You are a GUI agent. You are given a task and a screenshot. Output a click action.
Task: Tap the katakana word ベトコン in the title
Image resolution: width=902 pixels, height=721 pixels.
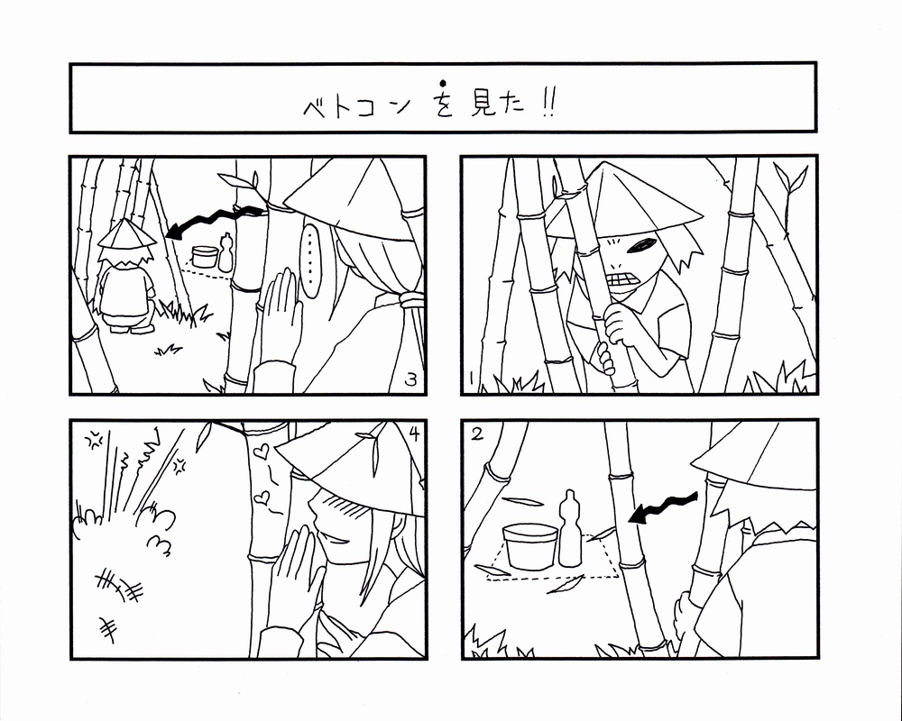(356, 106)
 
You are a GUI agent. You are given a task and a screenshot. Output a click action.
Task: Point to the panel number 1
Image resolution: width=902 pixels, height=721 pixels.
(471, 379)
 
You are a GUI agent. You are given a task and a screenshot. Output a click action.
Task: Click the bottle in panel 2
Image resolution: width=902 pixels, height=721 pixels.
(569, 529)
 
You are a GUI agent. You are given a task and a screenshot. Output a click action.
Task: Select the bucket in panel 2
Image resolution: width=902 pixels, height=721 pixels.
(529, 546)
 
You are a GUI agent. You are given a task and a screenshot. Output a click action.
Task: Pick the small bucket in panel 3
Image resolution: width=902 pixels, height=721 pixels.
(205, 257)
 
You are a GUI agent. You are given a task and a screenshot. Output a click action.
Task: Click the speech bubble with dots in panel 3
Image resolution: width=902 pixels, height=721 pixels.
(311, 261)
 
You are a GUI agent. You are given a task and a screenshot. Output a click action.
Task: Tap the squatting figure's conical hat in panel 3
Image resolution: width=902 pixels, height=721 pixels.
(126, 234)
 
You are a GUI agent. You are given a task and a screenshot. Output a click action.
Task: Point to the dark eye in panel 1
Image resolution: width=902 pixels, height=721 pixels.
(641, 245)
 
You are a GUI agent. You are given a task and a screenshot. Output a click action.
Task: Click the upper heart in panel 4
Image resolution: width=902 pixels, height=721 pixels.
(262, 451)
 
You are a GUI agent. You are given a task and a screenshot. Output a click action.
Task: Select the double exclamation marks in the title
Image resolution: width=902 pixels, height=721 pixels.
(548, 105)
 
